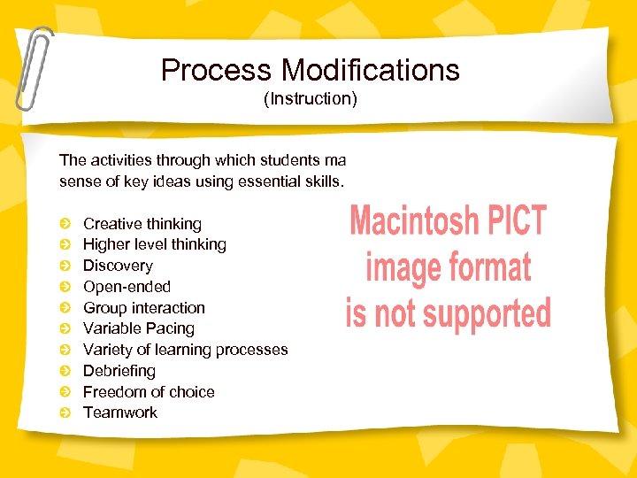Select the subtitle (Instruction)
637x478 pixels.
(x=311, y=98)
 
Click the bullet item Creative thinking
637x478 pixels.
(x=142, y=224)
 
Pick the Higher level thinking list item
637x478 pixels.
(x=154, y=244)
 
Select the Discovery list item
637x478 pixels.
(x=118, y=266)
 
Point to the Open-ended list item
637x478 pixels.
(x=127, y=287)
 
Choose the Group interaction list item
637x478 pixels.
(x=143, y=308)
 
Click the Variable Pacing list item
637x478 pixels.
(x=138, y=328)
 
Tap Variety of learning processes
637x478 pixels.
(x=185, y=350)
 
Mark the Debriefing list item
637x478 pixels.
(x=119, y=371)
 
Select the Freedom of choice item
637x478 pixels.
(x=149, y=392)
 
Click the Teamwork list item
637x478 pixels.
(x=119, y=412)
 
